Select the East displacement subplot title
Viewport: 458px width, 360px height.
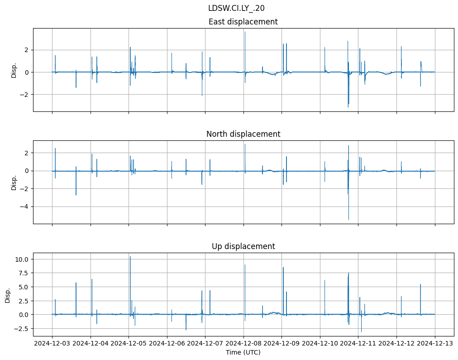(x=243, y=22)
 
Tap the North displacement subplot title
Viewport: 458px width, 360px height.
(x=243, y=134)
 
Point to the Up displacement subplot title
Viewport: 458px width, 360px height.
(x=243, y=246)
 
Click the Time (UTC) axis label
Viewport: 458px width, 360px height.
(x=243, y=352)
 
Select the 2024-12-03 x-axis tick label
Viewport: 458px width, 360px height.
(x=52, y=344)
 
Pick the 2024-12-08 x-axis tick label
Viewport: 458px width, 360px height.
(x=243, y=344)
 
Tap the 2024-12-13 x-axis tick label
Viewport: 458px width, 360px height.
(x=435, y=344)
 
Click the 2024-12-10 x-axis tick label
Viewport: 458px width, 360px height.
(x=320, y=344)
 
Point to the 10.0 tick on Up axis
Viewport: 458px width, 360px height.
(x=22, y=259)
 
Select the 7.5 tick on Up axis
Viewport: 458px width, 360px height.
(x=24, y=273)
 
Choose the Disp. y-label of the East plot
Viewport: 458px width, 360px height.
(x=14, y=70)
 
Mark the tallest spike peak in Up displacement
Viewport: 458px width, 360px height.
(x=130, y=257)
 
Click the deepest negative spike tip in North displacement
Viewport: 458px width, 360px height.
(x=348, y=220)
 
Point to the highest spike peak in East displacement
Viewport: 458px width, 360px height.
(x=245, y=32)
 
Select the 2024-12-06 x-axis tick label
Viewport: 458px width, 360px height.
(x=167, y=344)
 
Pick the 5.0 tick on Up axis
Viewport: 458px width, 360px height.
(x=24, y=287)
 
